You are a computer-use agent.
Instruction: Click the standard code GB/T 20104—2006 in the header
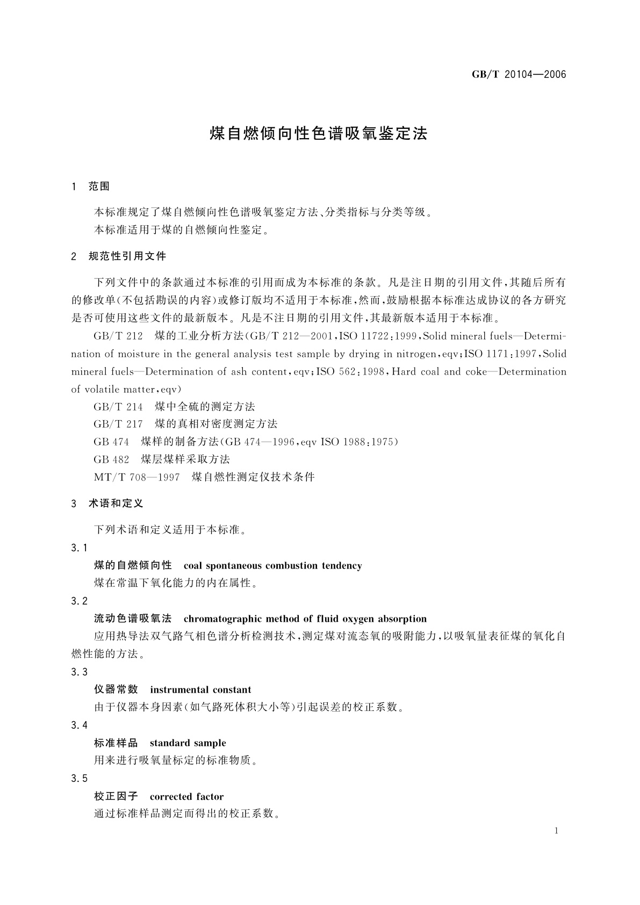click(519, 75)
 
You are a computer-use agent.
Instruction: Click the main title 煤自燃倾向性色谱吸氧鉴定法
click(319, 134)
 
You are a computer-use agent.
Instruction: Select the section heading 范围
click(99, 186)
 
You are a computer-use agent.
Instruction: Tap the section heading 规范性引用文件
click(127, 256)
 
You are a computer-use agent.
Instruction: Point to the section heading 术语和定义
click(116, 504)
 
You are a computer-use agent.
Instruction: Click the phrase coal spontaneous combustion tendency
click(272, 565)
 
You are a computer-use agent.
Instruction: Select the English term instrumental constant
click(200, 689)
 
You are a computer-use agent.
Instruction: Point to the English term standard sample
click(188, 743)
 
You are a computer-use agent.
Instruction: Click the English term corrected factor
click(186, 796)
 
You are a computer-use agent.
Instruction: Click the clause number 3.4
click(79, 726)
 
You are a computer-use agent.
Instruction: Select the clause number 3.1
click(79, 548)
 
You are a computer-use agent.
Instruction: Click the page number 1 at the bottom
click(556, 831)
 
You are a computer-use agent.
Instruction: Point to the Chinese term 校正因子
click(116, 796)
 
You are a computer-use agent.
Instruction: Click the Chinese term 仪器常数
click(116, 689)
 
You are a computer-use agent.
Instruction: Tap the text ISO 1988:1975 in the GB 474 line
click(359, 442)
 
